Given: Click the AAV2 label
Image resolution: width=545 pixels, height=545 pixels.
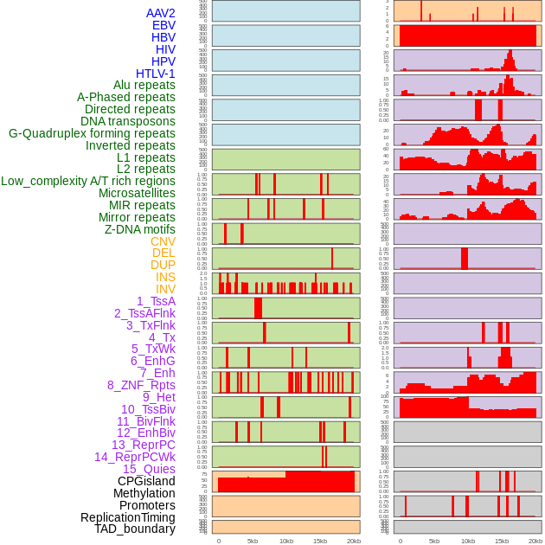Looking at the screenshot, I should [x=160, y=13].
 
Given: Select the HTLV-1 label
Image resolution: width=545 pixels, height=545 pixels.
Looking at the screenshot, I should [x=155, y=74].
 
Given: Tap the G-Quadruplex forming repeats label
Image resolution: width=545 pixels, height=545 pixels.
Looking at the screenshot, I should [x=92, y=133].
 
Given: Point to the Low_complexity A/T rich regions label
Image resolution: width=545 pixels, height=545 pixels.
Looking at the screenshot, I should [x=88, y=181].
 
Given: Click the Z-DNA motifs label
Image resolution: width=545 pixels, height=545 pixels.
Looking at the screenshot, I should [x=139, y=229].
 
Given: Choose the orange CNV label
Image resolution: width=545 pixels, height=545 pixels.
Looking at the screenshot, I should [x=163, y=241].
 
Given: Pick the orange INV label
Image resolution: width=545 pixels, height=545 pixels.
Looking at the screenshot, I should [x=164, y=289].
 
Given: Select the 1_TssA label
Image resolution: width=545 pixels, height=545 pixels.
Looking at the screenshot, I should [x=156, y=301].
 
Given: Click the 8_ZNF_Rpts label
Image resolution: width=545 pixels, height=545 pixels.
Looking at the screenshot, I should [x=141, y=385].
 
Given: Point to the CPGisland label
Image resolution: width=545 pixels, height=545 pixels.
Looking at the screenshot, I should [x=146, y=481].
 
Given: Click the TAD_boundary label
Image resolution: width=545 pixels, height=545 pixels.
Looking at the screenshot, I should [x=134, y=529].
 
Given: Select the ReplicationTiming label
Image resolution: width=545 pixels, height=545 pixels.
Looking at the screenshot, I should [x=128, y=517].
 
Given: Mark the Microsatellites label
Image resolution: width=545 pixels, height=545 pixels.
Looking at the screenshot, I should [x=137, y=193].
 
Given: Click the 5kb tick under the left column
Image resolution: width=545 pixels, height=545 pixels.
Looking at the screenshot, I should [x=253, y=541].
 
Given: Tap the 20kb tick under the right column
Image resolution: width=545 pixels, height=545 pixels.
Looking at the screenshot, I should [x=535, y=541].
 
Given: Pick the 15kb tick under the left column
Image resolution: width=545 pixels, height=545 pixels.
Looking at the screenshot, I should [x=320, y=541].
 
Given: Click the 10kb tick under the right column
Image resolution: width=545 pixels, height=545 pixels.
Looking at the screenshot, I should [x=468, y=541].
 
